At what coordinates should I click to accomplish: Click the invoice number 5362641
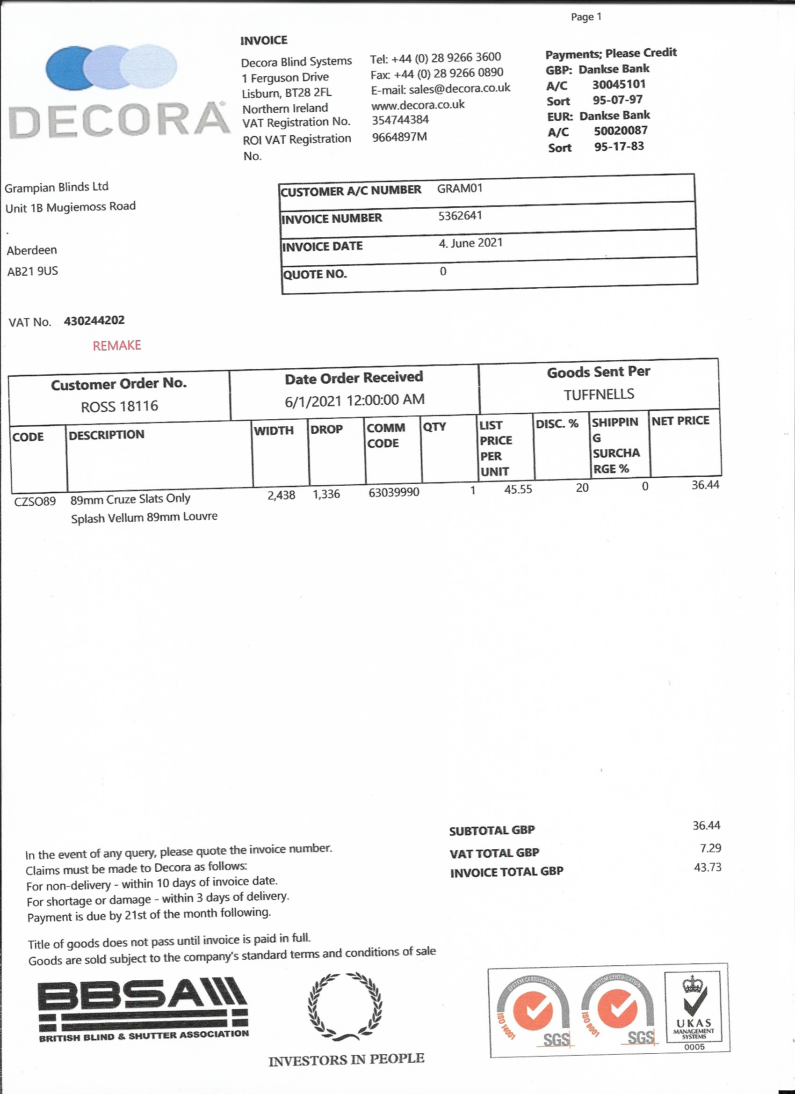[460, 216]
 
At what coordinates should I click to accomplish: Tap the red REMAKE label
[116, 345]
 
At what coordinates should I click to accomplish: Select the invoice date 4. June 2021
[470, 243]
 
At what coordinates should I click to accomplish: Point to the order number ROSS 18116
[119, 406]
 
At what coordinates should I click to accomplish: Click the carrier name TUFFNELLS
[599, 394]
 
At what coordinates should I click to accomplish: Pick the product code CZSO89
[35, 501]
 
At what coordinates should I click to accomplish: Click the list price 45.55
[518, 489]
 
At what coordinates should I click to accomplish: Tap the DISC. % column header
[557, 424]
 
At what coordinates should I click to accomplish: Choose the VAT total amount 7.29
[710, 848]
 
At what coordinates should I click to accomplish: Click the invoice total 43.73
[707, 867]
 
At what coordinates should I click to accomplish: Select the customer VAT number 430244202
[94, 320]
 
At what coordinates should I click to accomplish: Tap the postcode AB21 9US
[32, 271]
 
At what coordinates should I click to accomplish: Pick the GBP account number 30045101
[619, 84]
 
